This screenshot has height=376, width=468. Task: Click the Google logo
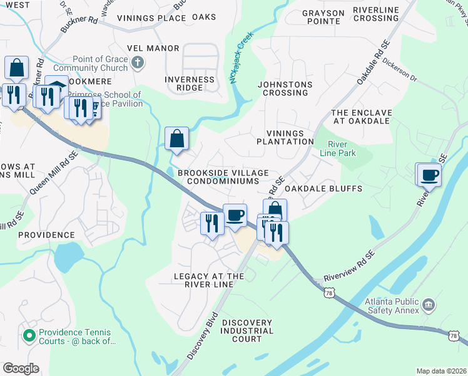[x=21, y=368]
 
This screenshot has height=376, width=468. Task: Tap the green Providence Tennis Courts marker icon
[x=28, y=337]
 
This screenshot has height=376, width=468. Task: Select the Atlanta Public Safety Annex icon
[x=429, y=305]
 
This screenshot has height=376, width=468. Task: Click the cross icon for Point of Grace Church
[x=139, y=63]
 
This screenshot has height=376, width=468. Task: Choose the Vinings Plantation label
[x=285, y=137]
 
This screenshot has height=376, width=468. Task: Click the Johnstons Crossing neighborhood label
[x=285, y=88]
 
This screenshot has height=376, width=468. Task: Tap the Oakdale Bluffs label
[x=323, y=188]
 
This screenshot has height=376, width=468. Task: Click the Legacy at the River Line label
[x=208, y=280]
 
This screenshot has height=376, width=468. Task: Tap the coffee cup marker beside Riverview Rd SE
[x=430, y=175]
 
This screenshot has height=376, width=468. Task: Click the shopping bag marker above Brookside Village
[x=177, y=138]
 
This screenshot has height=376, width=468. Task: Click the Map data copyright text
[x=440, y=371]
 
